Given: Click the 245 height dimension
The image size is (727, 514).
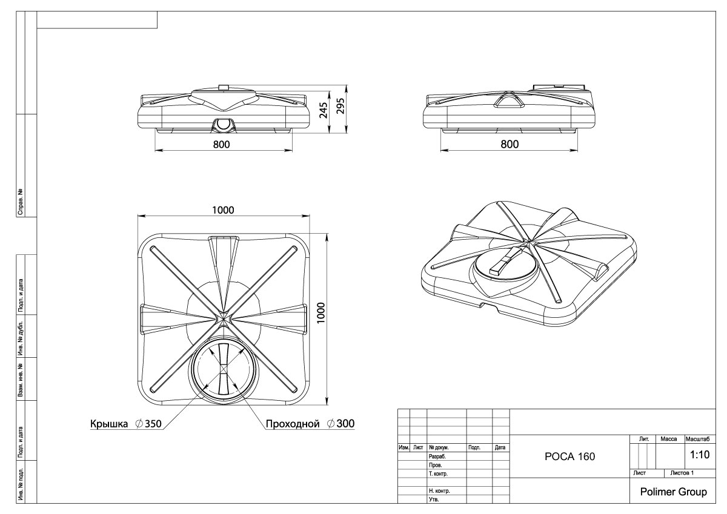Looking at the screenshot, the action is [324, 110].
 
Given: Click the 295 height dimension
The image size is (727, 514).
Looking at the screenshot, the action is [340, 106].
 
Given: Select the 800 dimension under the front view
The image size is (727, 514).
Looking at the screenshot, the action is [221, 144].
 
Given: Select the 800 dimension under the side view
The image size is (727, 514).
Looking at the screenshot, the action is [510, 144].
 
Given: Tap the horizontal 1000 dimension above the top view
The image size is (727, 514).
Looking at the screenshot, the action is [223, 210].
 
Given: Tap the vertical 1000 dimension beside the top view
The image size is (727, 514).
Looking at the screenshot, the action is [320, 312].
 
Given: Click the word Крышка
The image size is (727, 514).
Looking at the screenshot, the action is [109, 424].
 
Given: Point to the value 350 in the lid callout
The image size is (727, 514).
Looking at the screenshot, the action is [153, 424].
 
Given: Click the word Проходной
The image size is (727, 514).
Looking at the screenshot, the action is [293, 424].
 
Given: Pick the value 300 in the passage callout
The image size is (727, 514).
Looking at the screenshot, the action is [346, 424].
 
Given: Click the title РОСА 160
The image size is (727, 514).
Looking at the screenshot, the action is [569, 456].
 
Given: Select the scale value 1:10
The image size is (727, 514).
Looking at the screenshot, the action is [700, 455].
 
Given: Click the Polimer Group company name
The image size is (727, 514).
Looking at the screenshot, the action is [674, 492].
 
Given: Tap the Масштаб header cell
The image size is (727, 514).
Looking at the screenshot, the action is [697, 439].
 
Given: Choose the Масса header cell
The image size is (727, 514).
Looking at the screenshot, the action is [669, 439].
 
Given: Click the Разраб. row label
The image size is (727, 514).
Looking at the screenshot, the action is [437, 456].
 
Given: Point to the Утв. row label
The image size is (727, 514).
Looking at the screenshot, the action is [434, 499].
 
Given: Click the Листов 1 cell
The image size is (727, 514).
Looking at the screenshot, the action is [682, 473].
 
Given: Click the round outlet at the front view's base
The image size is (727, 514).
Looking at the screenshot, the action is [223, 124].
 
